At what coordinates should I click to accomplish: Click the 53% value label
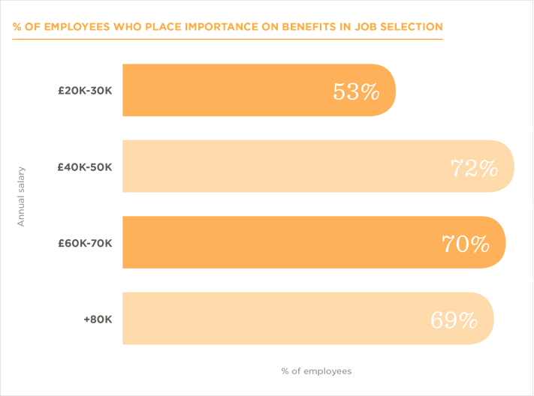tap(356, 92)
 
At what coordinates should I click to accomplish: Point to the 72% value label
tap(474, 168)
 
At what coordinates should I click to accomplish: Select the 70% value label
tap(466, 244)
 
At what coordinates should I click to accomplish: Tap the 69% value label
tap(454, 320)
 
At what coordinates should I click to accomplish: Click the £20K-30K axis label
tap(85, 91)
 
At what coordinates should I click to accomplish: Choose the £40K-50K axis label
tap(85, 167)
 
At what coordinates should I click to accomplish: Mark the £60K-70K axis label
tap(85, 243)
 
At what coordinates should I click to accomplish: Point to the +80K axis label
tap(98, 319)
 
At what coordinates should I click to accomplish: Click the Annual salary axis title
tap(21, 196)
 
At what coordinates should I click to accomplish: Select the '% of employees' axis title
tap(316, 371)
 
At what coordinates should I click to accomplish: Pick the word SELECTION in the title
tap(409, 27)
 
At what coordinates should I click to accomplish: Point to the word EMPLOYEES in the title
tap(77, 27)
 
